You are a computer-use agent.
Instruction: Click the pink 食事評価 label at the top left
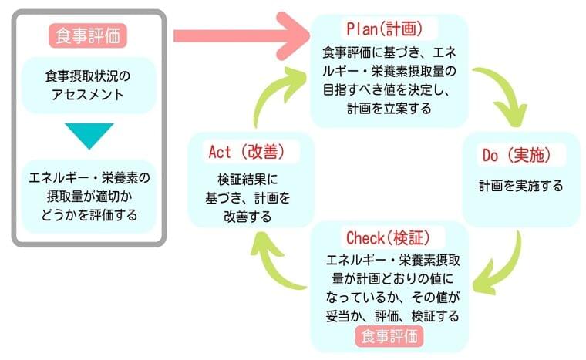point(89,35)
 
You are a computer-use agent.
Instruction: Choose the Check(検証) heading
point(389,236)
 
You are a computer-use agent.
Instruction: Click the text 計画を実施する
point(520,186)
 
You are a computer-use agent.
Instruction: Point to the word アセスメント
point(89,95)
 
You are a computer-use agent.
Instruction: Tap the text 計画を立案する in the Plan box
point(389,109)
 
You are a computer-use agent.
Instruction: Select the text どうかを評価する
point(89,215)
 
